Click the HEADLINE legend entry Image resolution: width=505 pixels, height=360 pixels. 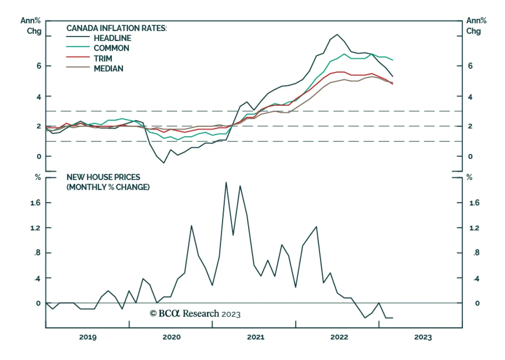pos(112,38)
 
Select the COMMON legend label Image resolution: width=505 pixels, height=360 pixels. pos(111,48)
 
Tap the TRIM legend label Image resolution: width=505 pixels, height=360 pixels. pos(103,59)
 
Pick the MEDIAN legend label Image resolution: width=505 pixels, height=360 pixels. pos(109,69)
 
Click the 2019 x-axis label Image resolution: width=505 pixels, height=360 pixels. pos(88,337)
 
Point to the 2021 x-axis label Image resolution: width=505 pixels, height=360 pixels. pos(255,337)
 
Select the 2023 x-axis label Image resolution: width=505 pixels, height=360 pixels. pos(423,337)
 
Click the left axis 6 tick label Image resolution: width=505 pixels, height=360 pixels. pos(39,66)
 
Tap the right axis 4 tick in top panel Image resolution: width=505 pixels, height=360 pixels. pos(470,97)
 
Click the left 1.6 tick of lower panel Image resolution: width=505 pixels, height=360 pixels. pos(35,203)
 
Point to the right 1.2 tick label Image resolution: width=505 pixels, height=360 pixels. pos(474,228)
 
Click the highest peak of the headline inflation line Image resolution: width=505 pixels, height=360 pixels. pos(337,34)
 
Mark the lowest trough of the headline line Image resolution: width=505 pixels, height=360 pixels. pos(164,163)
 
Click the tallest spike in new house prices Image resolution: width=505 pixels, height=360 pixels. pos(226,182)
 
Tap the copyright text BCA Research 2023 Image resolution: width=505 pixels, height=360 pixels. pos(195,314)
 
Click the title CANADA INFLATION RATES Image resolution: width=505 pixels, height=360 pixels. pos(116,28)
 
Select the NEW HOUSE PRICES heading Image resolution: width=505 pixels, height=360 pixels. pos(103,177)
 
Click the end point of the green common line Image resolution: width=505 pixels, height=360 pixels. pos(393,60)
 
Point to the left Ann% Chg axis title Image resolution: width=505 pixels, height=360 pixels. pos(31,26)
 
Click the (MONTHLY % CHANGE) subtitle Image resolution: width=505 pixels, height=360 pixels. pos(108,187)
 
